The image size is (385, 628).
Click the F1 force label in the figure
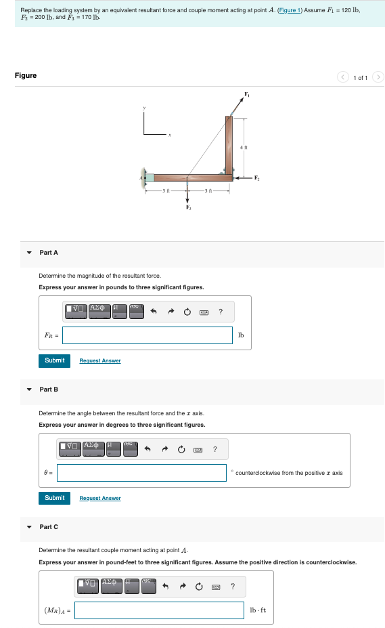tap(247, 93)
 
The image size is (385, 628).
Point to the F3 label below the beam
tap(188, 207)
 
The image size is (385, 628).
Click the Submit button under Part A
tap(55, 360)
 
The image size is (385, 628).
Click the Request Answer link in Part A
tap(100, 361)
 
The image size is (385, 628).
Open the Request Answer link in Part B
tap(100, 499)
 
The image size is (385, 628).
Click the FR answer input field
tap(148, 335)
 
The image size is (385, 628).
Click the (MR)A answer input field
tap(159, 610)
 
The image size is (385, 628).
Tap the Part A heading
tap(49, 253)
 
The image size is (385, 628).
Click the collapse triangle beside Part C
tap(29, 527)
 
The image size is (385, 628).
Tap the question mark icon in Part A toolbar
tap(221, 312)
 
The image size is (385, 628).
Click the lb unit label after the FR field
tap(241, 335)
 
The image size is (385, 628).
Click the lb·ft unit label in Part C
tap(258, 610)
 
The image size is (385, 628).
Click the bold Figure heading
tap(26, 75)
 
